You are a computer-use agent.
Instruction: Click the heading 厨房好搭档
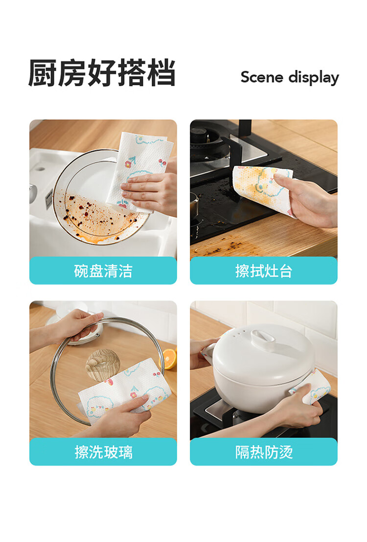coord(102,72)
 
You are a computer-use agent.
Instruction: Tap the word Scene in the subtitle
coord(262,77)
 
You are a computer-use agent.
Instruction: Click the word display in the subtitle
coord(314,78)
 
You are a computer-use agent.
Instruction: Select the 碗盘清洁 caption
coord(103,271)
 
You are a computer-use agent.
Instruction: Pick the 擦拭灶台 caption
coord(264,271)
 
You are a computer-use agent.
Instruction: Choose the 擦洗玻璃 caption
coord(103,452)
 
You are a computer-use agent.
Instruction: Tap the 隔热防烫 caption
coord(264,452)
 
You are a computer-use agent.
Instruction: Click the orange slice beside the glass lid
coord(169,359)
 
